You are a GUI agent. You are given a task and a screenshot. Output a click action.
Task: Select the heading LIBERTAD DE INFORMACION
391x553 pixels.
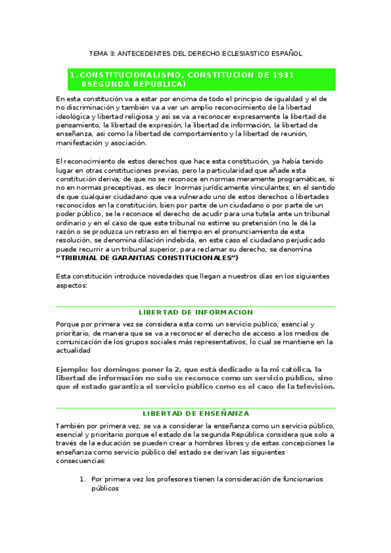[x=196, y=312]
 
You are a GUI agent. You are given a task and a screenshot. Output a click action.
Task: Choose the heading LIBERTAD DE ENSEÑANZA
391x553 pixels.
[x=196, y=413]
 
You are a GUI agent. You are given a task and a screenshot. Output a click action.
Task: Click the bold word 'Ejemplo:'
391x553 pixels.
[x=72, y=368]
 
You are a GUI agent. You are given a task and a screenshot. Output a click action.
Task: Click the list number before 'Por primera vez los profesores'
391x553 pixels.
[x=82, y=479]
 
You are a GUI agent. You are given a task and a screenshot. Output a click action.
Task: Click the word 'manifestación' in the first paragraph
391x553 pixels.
[x=80, y=143]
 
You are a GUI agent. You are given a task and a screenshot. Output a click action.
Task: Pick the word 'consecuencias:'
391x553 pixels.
[x=82, y=460]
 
